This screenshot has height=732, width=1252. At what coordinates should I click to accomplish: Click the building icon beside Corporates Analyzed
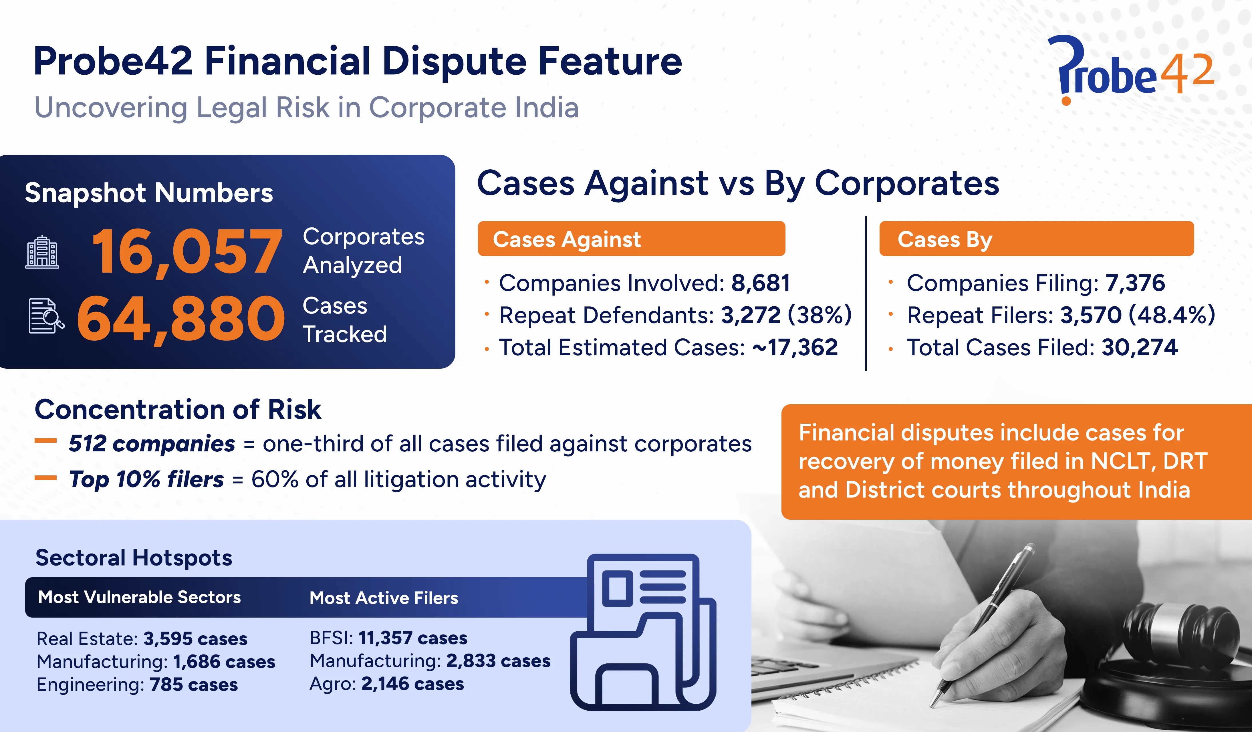point(42,253)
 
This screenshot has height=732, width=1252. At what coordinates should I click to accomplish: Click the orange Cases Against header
point(631,239)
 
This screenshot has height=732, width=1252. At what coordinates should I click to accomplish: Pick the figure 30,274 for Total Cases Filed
point(1139,347)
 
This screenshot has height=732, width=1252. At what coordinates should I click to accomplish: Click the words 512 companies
point(152,444)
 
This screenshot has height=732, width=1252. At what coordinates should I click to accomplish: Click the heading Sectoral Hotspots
point(134,558)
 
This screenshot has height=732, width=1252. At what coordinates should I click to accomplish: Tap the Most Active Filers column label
point(384,598)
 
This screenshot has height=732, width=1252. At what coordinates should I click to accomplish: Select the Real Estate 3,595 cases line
point(142,638)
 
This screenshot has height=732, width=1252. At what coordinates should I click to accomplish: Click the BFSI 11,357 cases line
point(388,638)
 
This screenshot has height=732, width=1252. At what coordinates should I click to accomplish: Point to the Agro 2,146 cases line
point(386,684)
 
